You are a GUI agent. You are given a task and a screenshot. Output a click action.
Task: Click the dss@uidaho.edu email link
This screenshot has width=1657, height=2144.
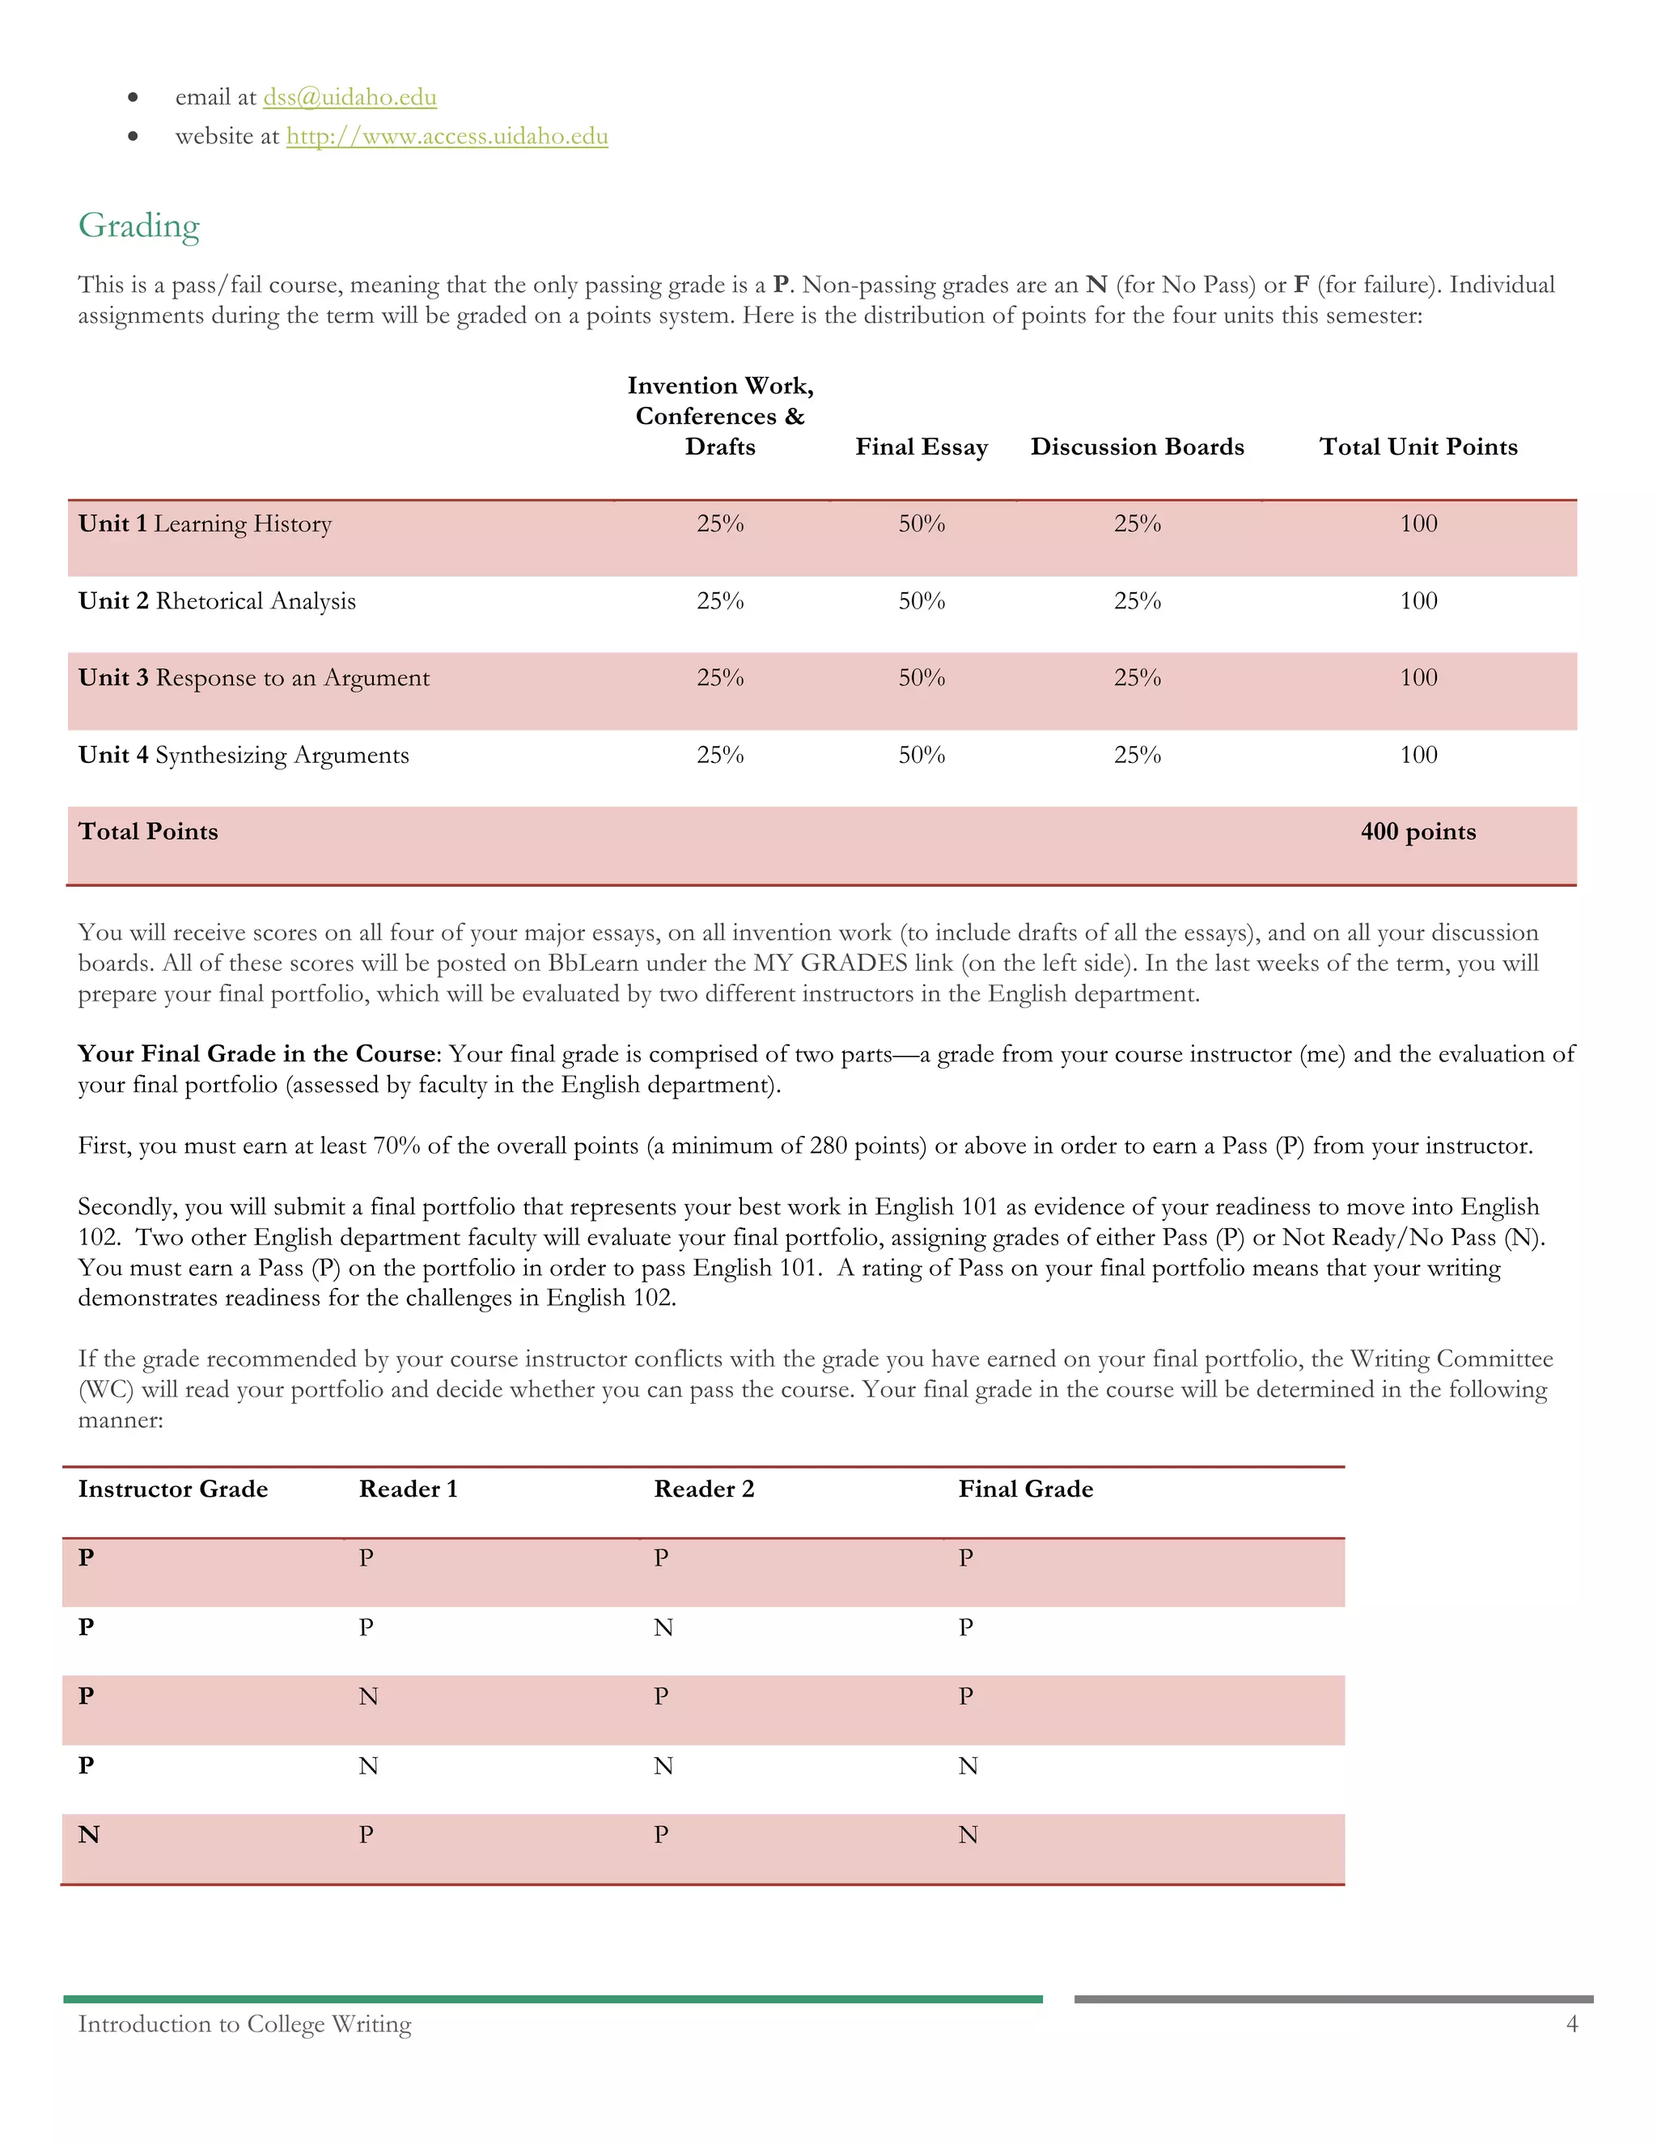[350, 97]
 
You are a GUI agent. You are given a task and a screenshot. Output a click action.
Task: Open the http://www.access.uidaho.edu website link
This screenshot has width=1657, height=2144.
[447, 137]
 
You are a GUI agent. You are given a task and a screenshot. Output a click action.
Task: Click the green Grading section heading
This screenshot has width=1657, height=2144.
[138, 226]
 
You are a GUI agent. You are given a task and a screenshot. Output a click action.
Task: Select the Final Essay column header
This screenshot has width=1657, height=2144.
[921, 447]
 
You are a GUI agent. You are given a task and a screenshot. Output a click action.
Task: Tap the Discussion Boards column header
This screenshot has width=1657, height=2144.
[1137, 447]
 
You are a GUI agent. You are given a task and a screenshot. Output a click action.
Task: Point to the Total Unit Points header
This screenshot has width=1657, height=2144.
[1418, 447]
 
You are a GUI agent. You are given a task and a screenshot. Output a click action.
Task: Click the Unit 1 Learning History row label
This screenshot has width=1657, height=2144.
[206, 523]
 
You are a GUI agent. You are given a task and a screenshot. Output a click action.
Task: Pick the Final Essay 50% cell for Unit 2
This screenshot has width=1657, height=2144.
[922, 601]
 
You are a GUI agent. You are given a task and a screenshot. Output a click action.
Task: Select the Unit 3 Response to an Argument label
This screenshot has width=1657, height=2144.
[253, 677]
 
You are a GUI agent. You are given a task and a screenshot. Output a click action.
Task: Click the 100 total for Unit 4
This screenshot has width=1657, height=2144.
[1418, 755]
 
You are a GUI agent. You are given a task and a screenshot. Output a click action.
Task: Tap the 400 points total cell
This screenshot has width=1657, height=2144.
[1418, 832]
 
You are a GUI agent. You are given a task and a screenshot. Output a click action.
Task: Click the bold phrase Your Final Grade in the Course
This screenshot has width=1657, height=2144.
[257, 1053]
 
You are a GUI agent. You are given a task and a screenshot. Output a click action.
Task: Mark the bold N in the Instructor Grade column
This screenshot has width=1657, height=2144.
[88, 1835]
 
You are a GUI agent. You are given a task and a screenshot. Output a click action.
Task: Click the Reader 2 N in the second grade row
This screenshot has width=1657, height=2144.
[663, 1628]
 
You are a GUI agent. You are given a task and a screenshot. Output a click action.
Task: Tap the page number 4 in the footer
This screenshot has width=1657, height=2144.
[1571, 2023]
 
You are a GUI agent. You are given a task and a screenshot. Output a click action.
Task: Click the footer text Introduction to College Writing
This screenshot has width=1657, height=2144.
[244, 2023]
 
